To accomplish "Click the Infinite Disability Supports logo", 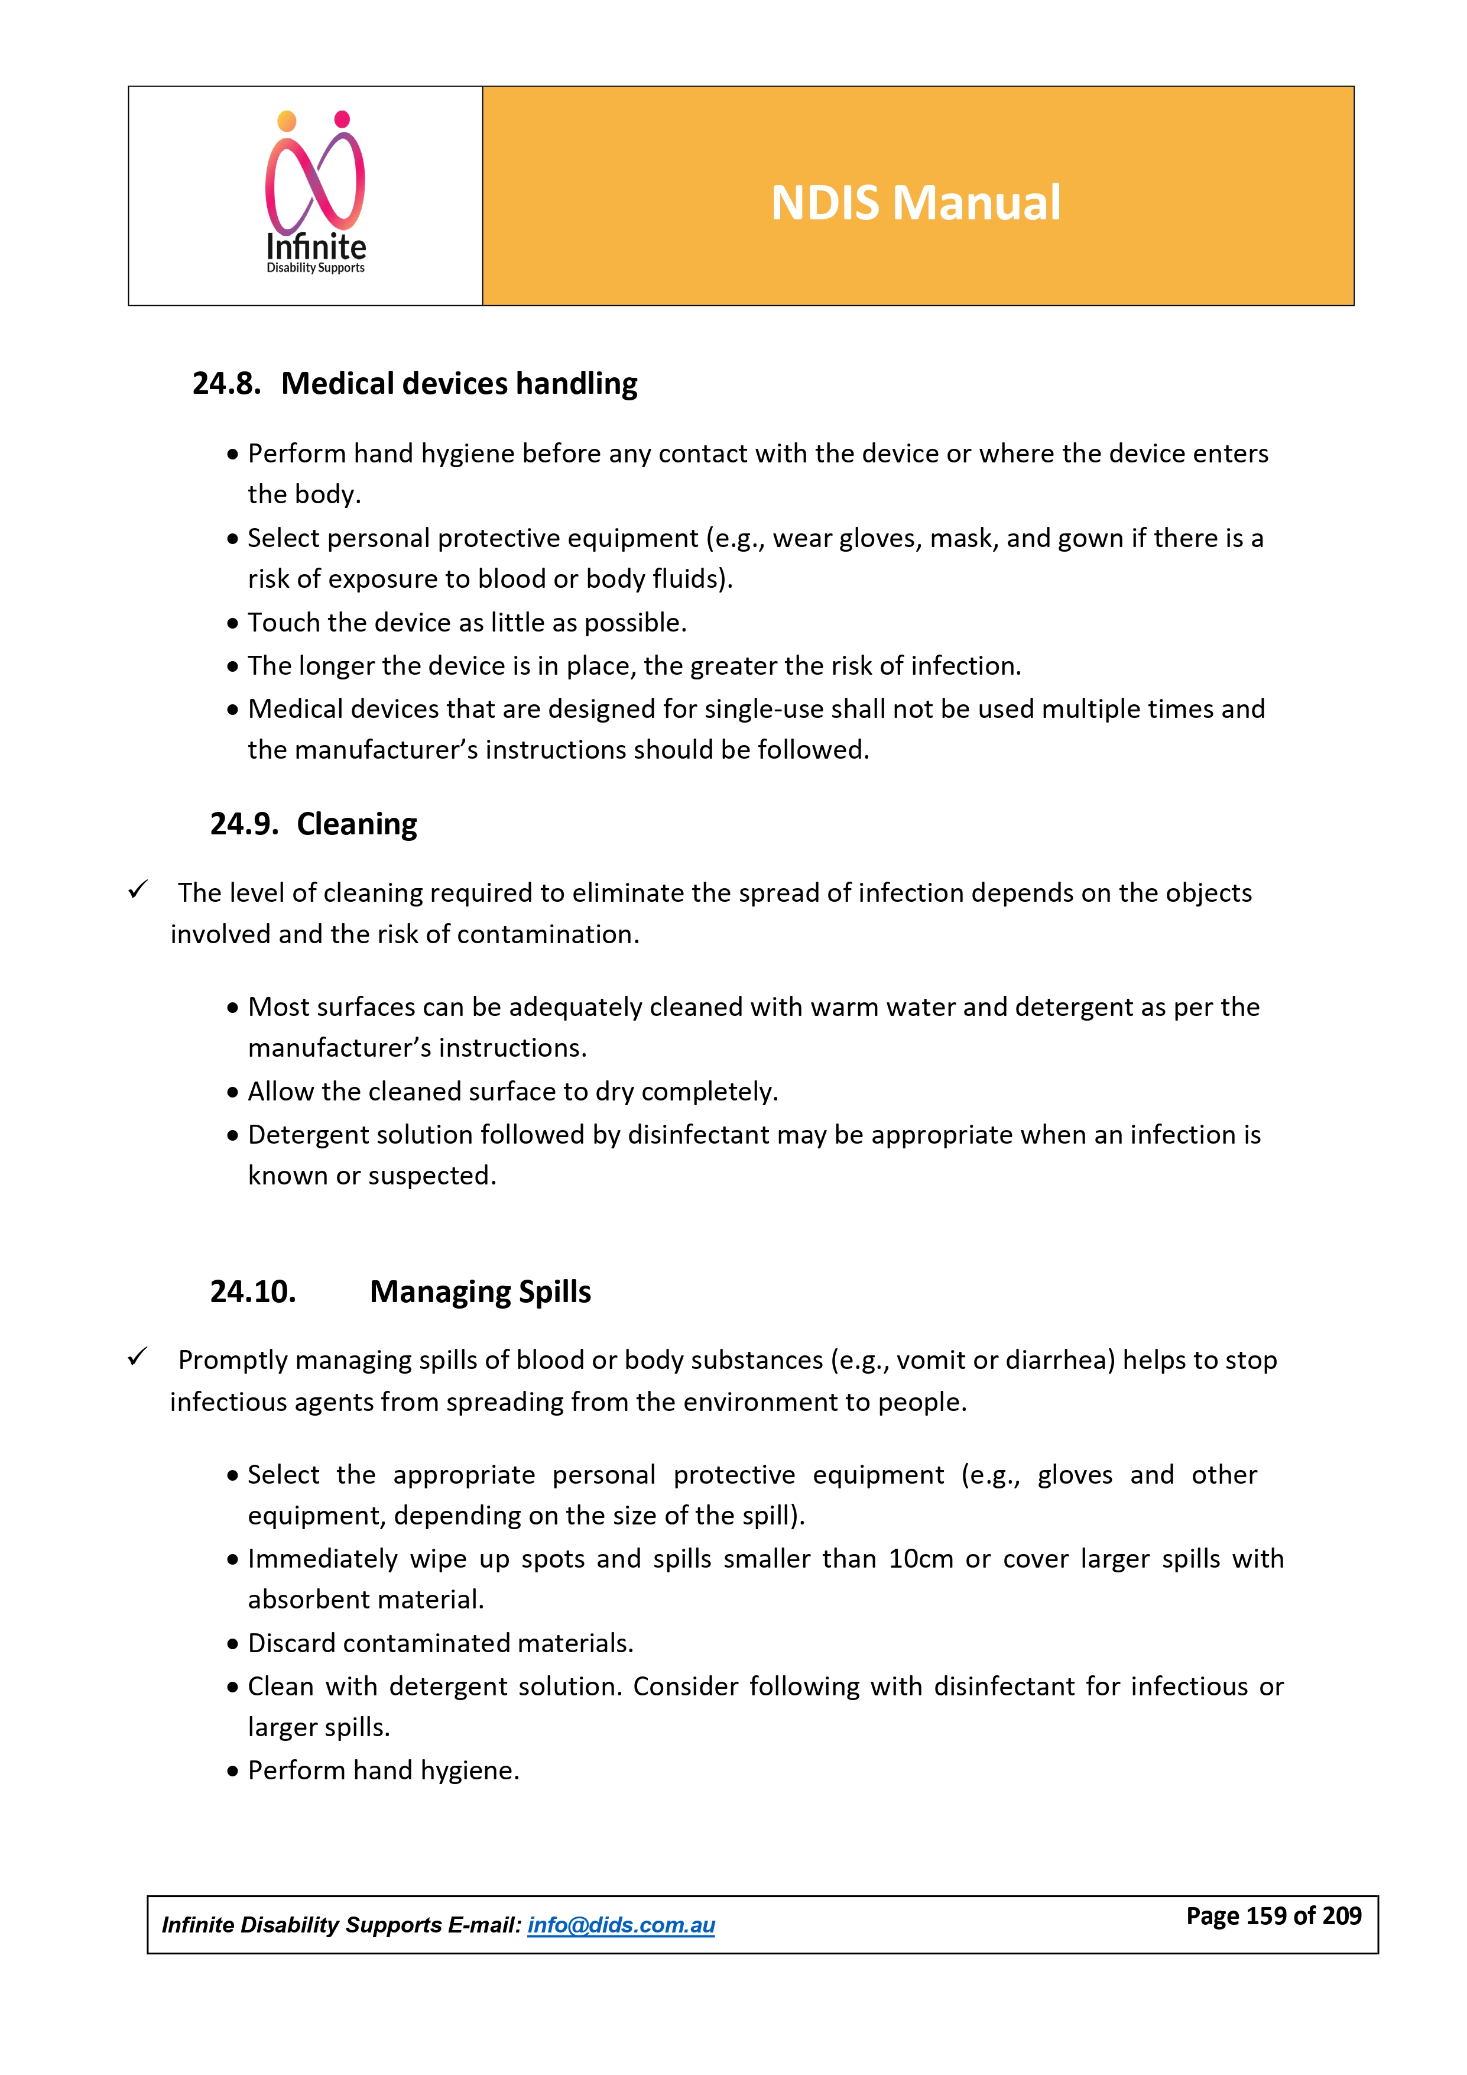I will (315, 193).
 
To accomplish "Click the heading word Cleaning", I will (357, 824).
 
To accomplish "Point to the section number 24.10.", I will (253, 1292).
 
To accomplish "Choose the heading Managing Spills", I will (480, 1292).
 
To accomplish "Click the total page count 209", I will (1342, 1916).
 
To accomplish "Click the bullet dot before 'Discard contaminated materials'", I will (233, 1644).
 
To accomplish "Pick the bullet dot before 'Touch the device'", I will (233, 624).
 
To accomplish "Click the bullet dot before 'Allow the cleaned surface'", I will (233, 1093).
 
